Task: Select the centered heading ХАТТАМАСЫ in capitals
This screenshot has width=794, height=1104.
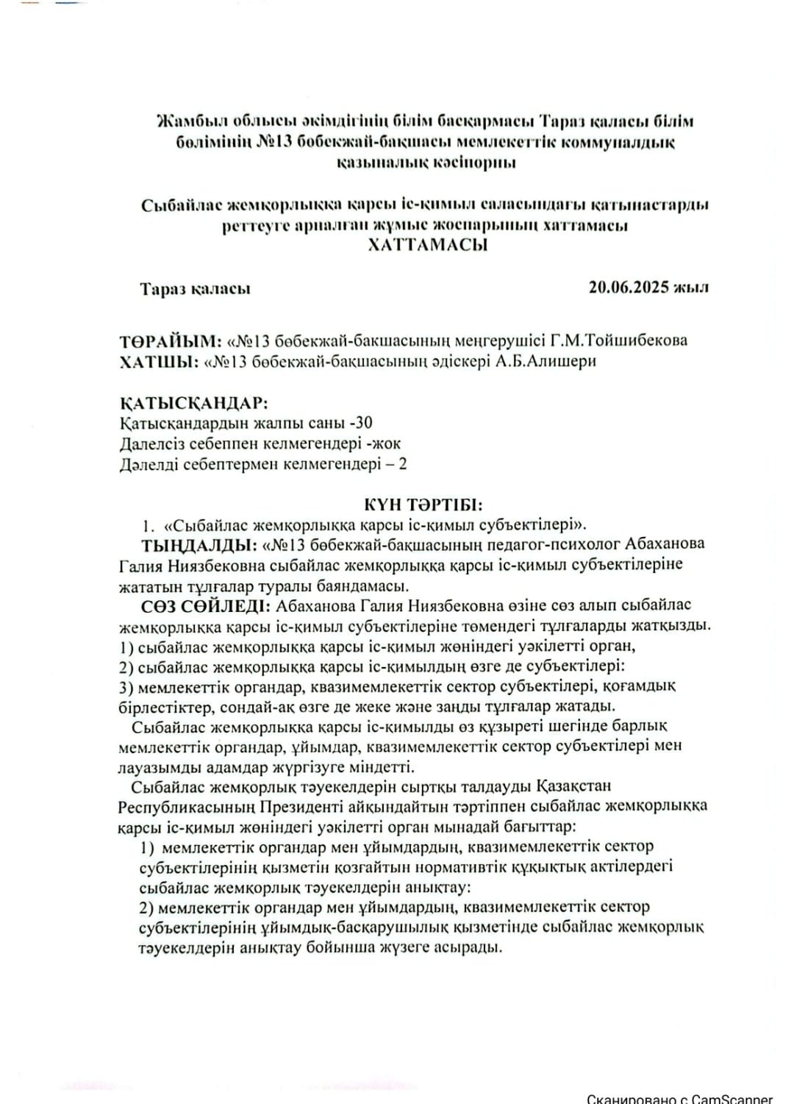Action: tap(427, 245)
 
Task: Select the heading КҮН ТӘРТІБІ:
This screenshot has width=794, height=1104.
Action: tap(423, 505)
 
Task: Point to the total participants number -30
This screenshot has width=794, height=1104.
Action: tap(360, 423)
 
